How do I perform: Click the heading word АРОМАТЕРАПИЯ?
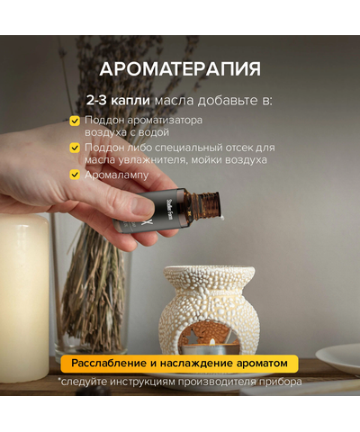coord(180,68)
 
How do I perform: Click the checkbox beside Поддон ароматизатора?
coord(75,121)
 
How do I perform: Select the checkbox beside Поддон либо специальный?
coord(75,148)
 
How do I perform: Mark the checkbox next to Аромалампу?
coord(75,174)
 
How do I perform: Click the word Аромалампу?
coord(116,174)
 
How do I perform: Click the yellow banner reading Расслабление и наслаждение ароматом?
coord(180,363)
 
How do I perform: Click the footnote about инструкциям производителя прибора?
coord(180,381)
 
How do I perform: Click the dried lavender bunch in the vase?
coord(90,279)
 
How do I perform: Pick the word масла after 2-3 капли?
coord(173,99)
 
